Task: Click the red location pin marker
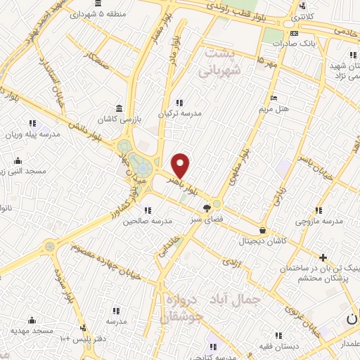[181, 166]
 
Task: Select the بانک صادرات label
[314, 43]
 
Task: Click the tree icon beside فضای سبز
[207, 208]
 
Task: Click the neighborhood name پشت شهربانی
[221, 62]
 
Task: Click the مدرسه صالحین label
[128, 221]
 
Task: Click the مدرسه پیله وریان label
[30, 133]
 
